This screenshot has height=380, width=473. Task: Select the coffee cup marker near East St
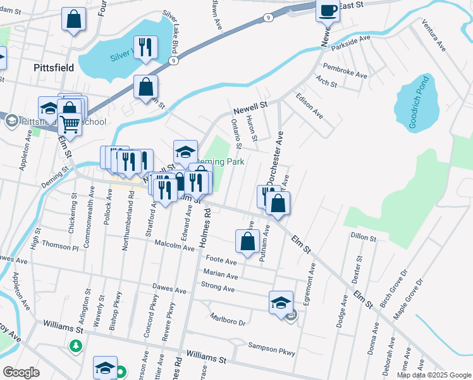(x=328, y=11)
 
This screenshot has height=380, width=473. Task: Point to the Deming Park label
(x=219, y=161)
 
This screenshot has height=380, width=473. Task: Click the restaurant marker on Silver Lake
(x=146, y=47)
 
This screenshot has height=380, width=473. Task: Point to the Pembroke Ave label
(x=345, y=70)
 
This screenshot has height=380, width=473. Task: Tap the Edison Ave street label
(x=309, y=106)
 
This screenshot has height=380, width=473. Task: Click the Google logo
(x=21, y=372)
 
